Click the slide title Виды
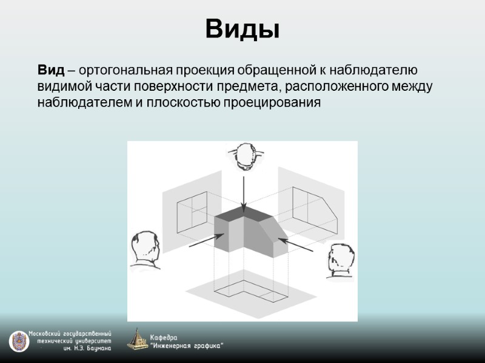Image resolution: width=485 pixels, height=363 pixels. click(242, 28)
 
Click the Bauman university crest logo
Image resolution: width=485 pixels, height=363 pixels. click(18, 341)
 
